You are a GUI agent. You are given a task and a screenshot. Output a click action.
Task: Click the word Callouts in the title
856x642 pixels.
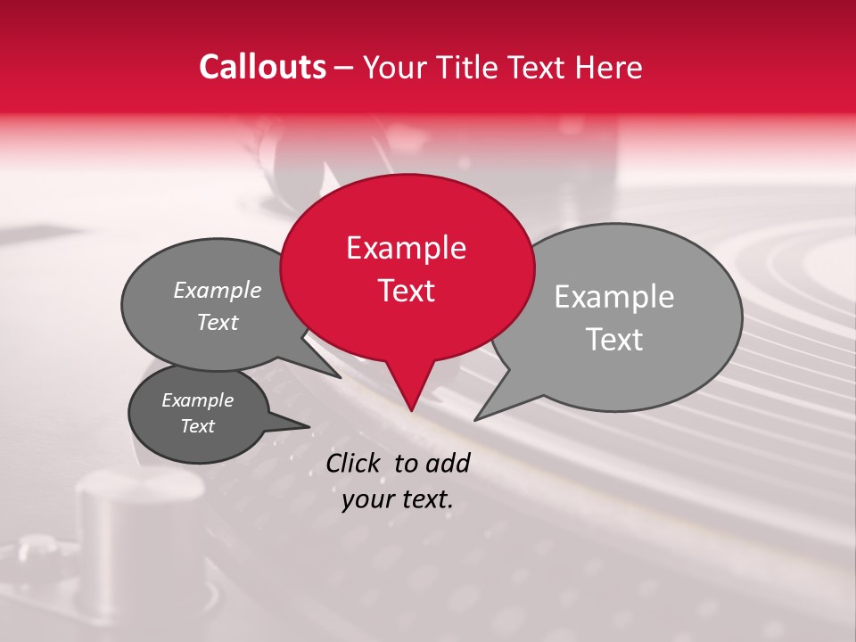(x=262, y=67)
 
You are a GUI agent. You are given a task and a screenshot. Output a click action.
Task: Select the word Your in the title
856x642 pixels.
(x=396, y=67)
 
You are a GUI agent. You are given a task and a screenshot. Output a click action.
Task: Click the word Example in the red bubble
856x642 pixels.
(x=406, y=248)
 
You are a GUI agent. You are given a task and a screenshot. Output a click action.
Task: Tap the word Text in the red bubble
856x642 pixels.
(x=407, y=291)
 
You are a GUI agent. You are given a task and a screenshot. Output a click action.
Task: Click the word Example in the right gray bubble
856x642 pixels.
(x=613, y=297)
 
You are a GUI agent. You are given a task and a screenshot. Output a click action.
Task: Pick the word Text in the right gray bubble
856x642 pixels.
(x=614, y=340)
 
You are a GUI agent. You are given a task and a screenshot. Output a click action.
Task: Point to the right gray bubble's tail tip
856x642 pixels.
(x=476, y=419)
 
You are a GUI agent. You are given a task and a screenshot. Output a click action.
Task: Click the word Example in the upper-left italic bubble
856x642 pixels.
(x=218, y=290)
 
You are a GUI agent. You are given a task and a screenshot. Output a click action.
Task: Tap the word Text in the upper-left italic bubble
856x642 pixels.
(x=218, y=322)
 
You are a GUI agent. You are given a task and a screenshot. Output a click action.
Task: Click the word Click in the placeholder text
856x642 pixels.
(x=355, y=463)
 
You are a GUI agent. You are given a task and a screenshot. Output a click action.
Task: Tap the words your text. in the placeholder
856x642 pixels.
(x=398, y=499)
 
